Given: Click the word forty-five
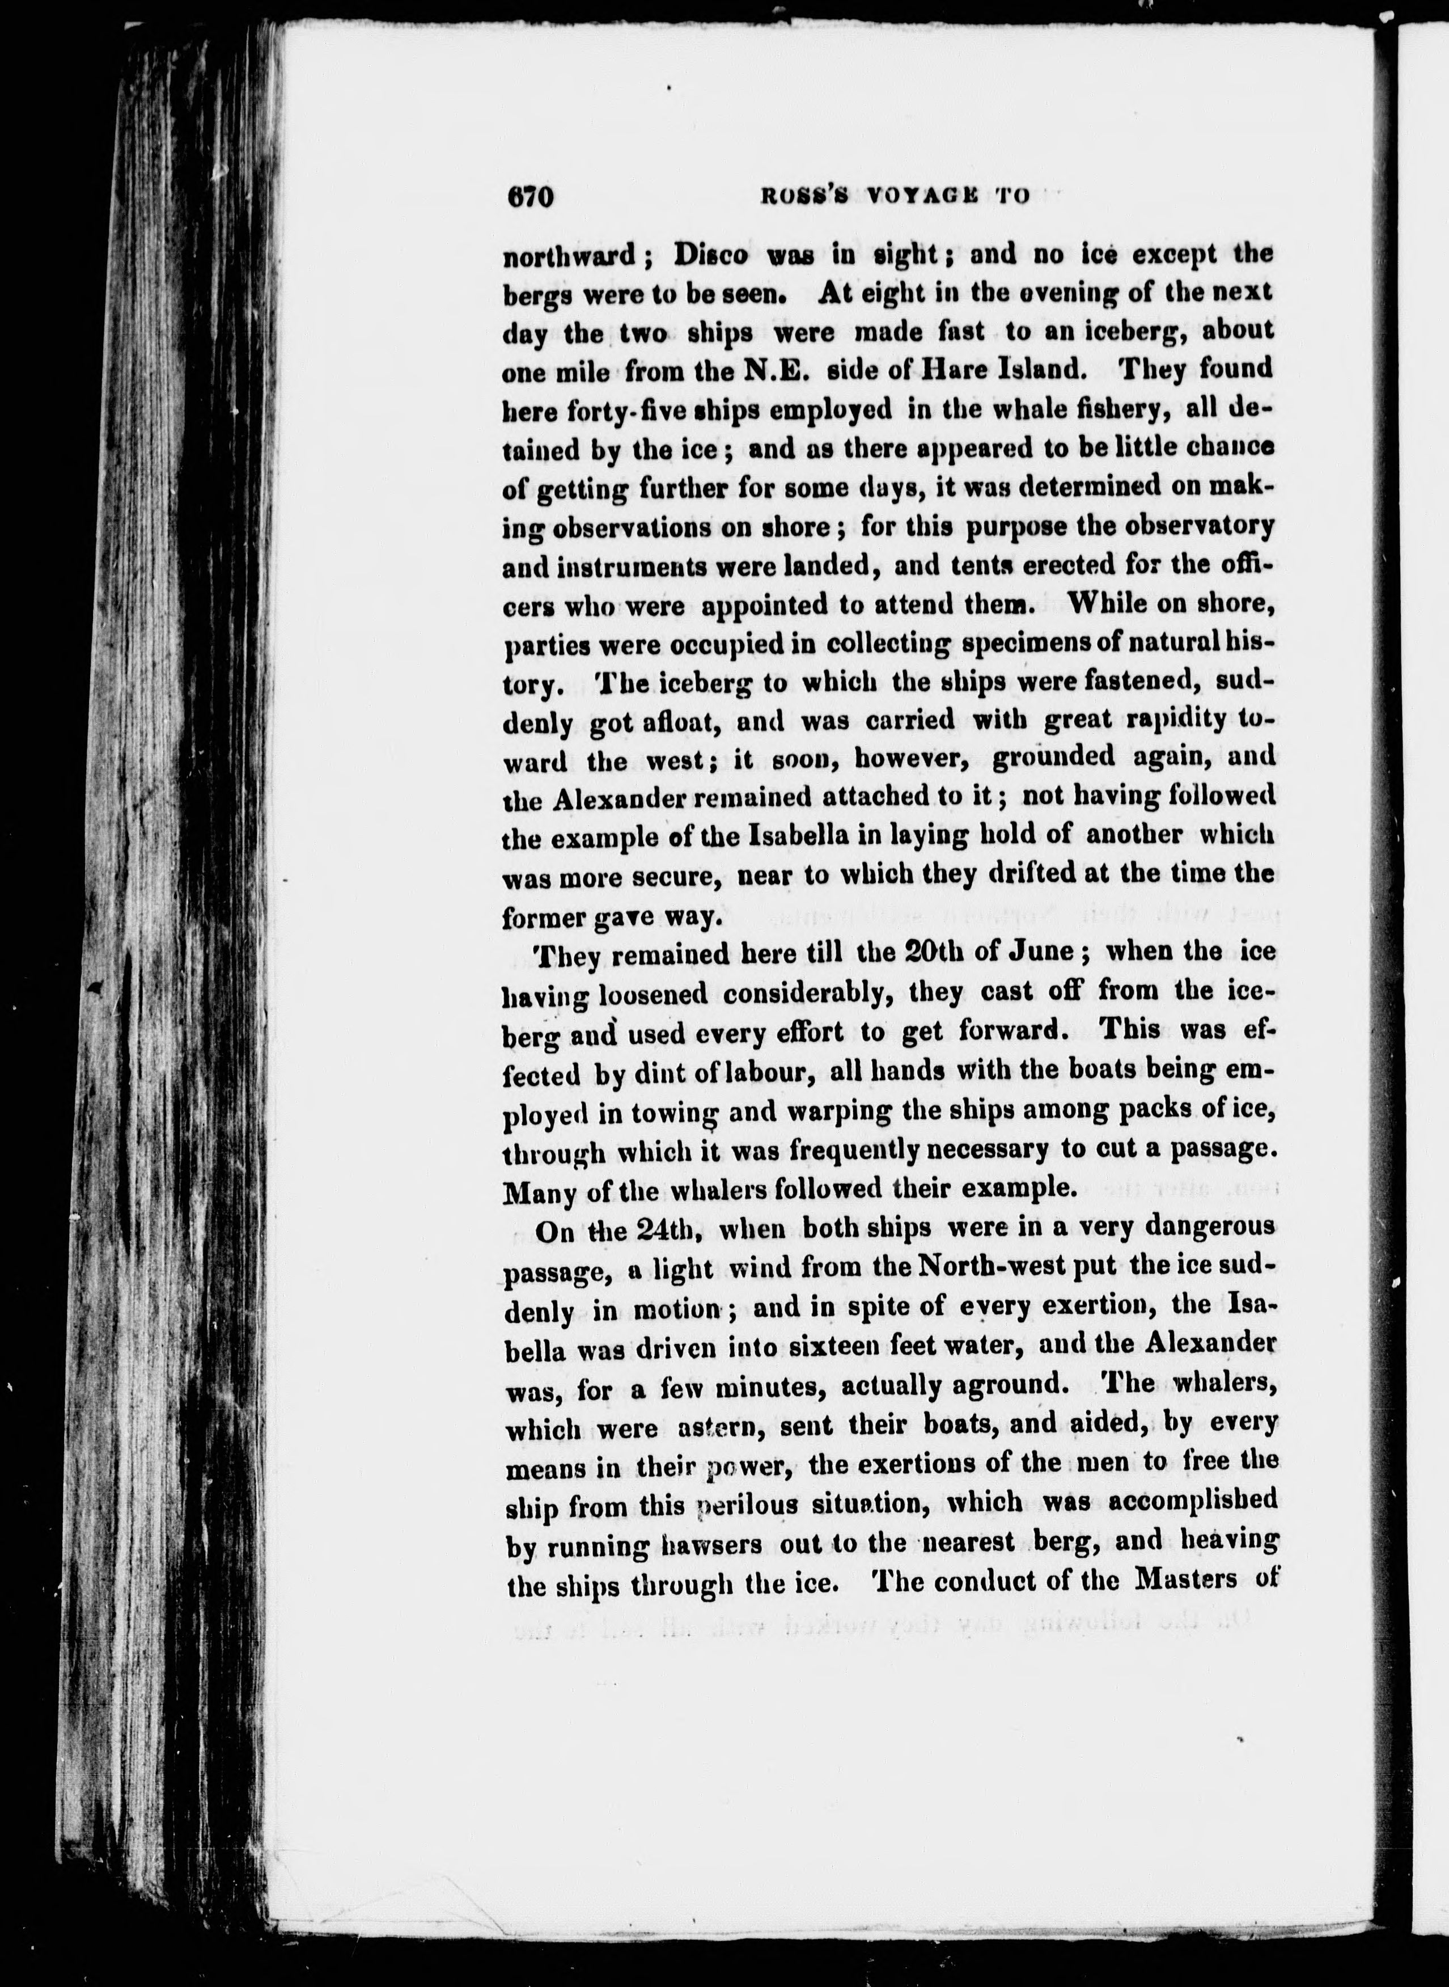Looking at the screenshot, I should tap(615, 409).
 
